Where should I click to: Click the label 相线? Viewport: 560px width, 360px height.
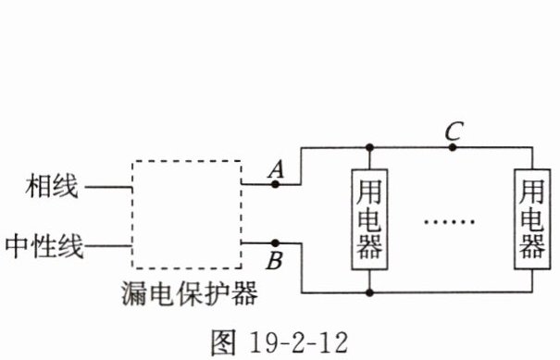(52, 186)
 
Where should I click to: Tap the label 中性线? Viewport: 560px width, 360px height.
(44, 246)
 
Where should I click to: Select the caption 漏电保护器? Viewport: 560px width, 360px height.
(189, 292)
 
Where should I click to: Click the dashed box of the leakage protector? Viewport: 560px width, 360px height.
(132, 215)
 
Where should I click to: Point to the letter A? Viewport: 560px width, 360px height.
(276, 169)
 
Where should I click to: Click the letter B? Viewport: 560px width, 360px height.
(275, 260)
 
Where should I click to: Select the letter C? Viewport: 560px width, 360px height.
(454, 130)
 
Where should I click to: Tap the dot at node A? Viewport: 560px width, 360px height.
(275, 184)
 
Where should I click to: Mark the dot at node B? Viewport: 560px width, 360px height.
(275, 243)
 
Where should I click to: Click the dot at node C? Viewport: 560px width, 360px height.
(453, 147)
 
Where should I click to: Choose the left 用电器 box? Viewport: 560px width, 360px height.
(352, 219)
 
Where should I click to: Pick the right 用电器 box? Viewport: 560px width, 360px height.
(515, 219)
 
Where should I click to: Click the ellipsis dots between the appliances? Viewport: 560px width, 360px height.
(449, 222)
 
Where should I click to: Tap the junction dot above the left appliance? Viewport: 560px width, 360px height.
(369, 147)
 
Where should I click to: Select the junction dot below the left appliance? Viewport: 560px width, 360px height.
(369, 292)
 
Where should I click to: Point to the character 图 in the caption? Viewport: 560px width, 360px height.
(223, 342)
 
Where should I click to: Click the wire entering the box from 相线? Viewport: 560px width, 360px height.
(108, 186)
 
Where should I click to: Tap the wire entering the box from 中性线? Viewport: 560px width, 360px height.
(108, 246)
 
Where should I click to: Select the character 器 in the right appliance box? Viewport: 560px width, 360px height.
(532, 246)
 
